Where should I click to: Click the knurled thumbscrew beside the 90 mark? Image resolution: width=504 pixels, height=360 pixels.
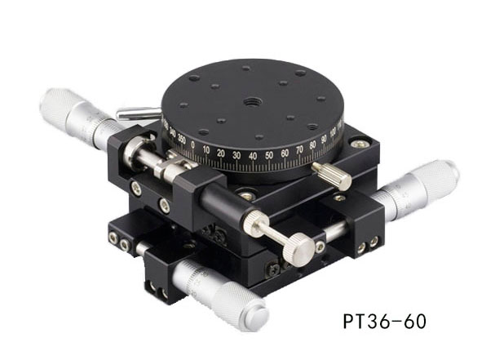(x=332, y=175)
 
